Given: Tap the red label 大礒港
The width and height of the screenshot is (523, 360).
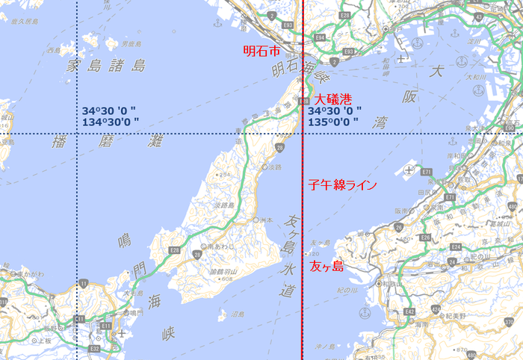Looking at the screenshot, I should click(332, 99).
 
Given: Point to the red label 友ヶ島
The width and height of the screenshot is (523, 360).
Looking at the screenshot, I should click(327, 266).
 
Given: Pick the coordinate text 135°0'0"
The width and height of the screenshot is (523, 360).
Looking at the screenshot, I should click(335, 122).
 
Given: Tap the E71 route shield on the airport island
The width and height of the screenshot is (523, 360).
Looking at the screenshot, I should click(426, 172).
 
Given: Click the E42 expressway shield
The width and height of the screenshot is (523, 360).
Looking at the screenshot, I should click(409, 311).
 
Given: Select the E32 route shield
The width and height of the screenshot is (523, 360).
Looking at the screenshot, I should click(94, 348).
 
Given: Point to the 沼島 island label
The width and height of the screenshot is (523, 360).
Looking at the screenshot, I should click(238, 314).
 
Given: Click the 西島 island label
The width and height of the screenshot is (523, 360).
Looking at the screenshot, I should click(53, 51).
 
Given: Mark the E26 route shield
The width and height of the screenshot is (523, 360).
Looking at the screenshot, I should click(424, 237).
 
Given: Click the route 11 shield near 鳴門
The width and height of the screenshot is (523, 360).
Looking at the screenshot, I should click(84, 282).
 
